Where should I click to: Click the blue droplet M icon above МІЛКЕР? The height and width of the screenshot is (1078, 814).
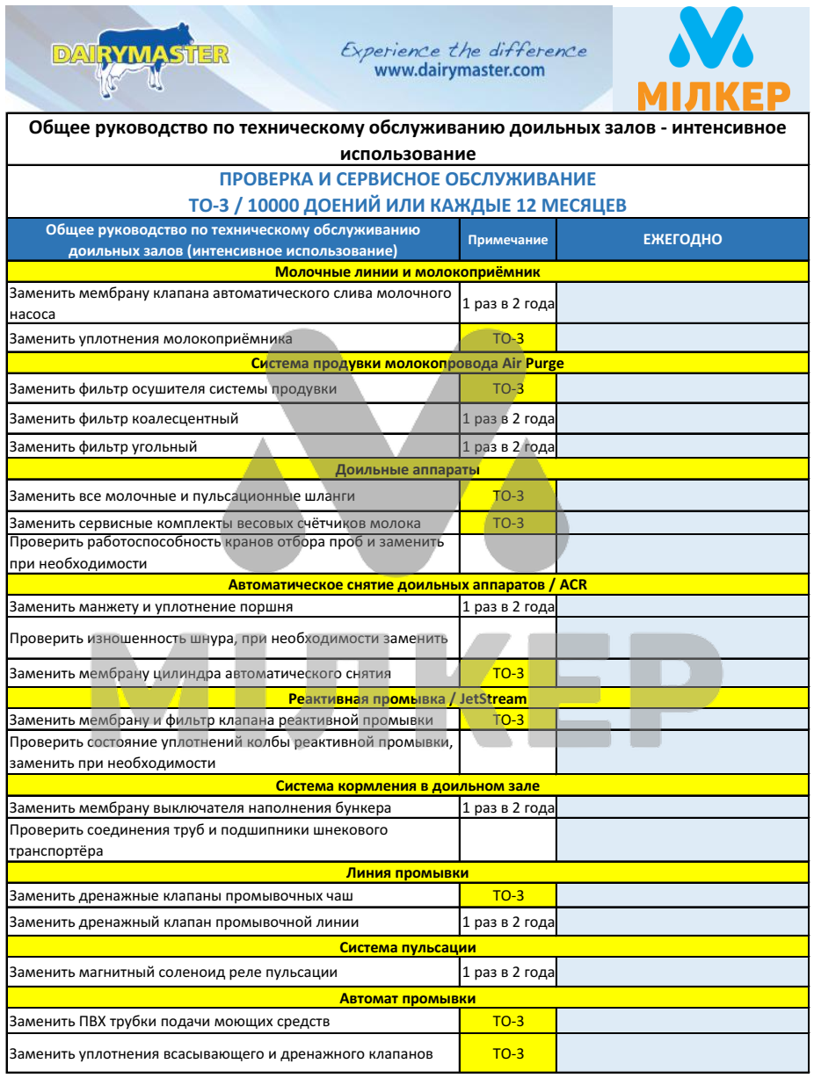click(x=713, y=45)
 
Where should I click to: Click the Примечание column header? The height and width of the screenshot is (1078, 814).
click(x=507, y=240)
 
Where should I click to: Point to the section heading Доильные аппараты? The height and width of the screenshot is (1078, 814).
click(x=407, y=470)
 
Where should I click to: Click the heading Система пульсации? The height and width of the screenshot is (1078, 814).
click(x=407, y=947)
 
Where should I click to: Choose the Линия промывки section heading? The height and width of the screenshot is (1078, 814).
click(x=407, y=872)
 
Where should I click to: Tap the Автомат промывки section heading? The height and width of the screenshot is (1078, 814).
click(x=407, y=998)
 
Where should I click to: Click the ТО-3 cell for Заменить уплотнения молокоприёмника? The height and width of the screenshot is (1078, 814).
click(x=507, y=338)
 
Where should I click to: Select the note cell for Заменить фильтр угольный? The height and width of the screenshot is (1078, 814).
click(x=507, y=447)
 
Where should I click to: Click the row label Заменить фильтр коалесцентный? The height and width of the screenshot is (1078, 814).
click(x=124, y=419)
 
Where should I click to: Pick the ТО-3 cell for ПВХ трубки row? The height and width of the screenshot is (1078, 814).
click(x=507, y=1022)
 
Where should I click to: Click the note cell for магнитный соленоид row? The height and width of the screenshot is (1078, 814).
click(x=507, y=973)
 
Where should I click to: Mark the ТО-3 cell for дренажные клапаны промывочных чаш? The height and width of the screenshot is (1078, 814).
click(x=507, y=895)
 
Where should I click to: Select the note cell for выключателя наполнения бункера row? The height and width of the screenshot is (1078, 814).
click(x=507, y=807)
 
